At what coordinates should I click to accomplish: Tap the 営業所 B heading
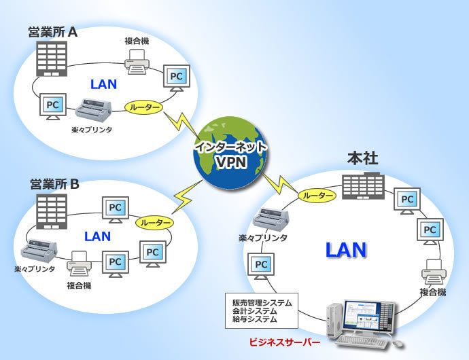click(55, 184)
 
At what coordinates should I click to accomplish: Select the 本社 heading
click(363, 158)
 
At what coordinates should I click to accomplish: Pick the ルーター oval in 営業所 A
click(145, 107)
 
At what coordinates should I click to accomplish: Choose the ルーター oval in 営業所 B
click(154, 222)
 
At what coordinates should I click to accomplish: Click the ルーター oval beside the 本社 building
click(317, 196)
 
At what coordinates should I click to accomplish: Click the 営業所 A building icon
click(52, 58)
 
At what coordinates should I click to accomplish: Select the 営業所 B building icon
click(51, 211)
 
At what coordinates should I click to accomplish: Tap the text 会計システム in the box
click(255, 310)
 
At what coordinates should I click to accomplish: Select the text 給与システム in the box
click(255, 319)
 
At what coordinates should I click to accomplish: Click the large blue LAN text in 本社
click(345, 249)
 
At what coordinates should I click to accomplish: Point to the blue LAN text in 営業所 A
click(103, 85)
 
